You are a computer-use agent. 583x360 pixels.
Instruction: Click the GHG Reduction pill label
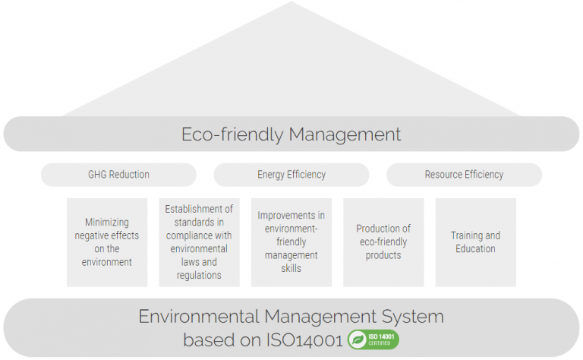click(x=118, y=175)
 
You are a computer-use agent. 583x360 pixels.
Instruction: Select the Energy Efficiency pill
click(x=291, y=175)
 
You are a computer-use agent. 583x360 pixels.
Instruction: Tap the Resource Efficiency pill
click(x=464, y=175)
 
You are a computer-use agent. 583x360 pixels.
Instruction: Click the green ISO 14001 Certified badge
click(x=373, y=339)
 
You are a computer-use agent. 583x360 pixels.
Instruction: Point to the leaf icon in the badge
click(x=358, y=339)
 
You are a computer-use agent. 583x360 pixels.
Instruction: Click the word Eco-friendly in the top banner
click(x=232, y=134)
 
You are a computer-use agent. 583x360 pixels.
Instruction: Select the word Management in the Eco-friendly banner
click(x=345, y=134)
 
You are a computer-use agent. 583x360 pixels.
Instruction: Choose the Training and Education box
click(x=475, y=242)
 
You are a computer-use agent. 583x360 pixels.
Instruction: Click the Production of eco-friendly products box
click(x=383, y=242)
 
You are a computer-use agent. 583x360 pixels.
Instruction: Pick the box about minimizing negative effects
click(x=107, y=242)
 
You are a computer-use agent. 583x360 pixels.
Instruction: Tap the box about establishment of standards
click(x=200, y=242)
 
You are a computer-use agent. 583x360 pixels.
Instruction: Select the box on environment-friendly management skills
click(x=291, y=242)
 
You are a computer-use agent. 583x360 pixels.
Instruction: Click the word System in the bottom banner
click(x=413, y=317)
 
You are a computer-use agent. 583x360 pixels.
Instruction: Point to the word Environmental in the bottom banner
click(x=199, y=317)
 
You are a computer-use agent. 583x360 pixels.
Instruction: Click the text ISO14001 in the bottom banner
click(x=304, y=340)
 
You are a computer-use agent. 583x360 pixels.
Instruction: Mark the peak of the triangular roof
click(x=291, y=2)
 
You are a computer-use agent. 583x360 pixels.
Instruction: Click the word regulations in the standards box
click(x=199, y=276)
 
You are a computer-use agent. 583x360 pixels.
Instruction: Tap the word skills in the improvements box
click(x=291, y=269)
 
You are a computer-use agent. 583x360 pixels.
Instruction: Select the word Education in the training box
click(x=475, y=249)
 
